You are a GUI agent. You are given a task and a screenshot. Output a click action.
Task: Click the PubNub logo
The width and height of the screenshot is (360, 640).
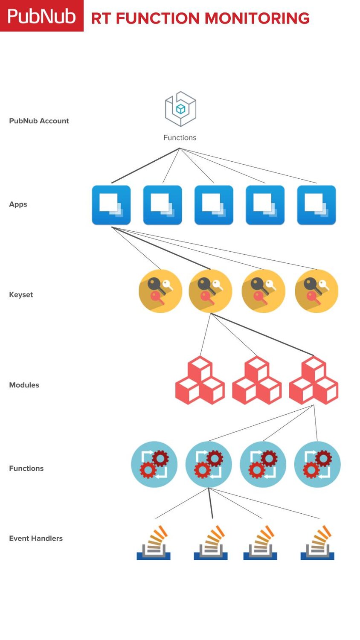coord(41,16)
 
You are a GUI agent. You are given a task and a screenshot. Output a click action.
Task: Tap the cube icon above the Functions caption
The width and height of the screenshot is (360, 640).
coord(180,109)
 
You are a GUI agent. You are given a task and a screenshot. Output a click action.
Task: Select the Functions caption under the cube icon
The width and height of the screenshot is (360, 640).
coord(180,137)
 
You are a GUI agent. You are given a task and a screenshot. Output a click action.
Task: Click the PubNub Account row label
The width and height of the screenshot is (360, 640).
coord(39,121)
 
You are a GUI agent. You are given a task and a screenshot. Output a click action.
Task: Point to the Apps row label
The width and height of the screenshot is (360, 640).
coord(18,204)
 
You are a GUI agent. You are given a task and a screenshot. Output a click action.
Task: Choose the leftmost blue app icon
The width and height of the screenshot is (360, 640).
coord(111,205)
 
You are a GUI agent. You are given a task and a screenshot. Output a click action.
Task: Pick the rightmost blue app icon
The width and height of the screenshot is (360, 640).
coord(316,205)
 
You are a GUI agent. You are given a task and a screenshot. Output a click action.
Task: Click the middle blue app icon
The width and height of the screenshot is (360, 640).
coord(214,205)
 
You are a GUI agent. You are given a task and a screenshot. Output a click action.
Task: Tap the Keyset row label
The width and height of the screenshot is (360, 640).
coord(21,294)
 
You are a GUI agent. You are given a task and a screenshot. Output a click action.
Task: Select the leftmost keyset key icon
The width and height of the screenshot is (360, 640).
coord(160,291)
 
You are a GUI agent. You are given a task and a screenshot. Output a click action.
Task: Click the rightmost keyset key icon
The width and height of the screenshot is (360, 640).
coord(316,291)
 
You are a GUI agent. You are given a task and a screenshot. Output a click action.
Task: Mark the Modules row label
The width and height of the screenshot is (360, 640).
coord(24,385)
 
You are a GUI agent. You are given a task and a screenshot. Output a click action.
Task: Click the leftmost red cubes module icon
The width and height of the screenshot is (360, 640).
coord(200,381)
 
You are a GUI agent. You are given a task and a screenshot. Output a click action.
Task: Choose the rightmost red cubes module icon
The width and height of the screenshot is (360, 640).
coord(314,381)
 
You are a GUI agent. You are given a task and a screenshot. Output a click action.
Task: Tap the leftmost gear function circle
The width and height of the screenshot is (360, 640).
coord(154,464)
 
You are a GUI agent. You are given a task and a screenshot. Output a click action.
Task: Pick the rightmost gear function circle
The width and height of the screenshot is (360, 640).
coord(317,464)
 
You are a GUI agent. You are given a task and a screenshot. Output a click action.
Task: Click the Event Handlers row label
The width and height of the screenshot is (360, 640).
coord(36,538)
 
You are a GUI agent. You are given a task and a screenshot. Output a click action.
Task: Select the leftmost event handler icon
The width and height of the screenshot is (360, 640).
coord(154,543)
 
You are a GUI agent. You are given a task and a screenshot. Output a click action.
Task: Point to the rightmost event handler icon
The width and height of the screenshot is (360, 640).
coord(318,543)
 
